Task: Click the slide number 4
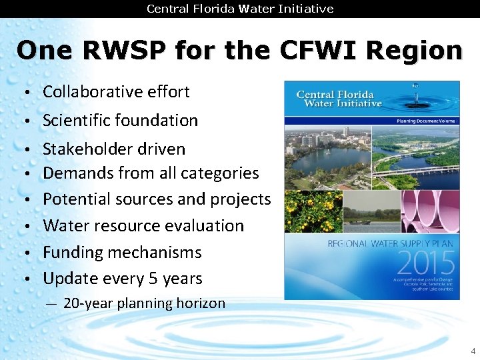[473, 351]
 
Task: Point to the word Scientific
[76, 121]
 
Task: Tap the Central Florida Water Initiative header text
[240, 9]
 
